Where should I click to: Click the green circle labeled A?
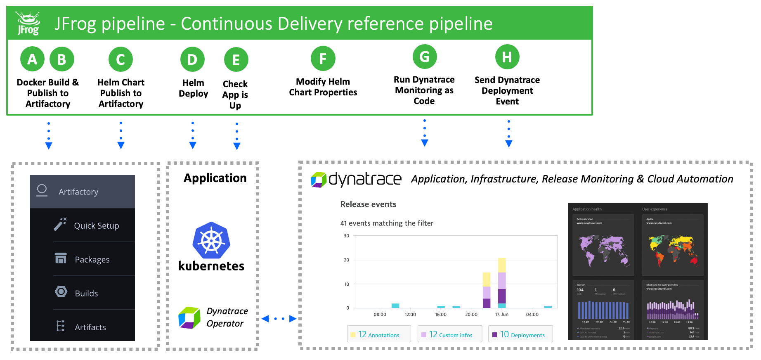(32, 59)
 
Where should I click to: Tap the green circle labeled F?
(323, 59)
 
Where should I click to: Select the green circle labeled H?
(507, 57)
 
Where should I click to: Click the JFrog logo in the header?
(28, 24)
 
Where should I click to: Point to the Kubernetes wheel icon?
(211, 241)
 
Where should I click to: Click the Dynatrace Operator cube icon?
(189, 317)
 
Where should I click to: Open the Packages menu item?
(92, 260)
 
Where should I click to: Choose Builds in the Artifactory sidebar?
(86, 294)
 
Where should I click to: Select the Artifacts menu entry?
(90, 327)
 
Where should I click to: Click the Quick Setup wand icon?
(60, 224)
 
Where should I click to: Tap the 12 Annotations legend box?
(379, 334)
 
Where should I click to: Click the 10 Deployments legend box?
(520, 334)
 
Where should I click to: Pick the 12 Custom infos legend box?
(450, 334)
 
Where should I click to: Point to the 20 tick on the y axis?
(347, 260)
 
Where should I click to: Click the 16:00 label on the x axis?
(441, 315)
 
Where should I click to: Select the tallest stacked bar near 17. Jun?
(502, 283)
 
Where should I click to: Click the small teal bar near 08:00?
(395, 306)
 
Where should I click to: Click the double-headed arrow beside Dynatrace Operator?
(279, 319)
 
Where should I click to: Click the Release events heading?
(368, 204)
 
